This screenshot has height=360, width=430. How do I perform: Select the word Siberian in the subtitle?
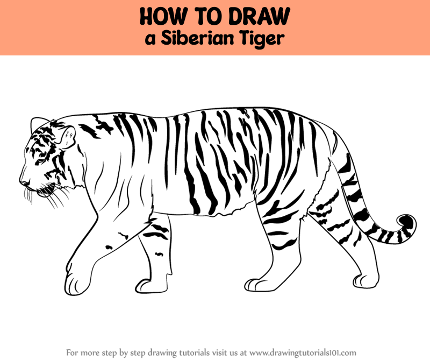[197, 38]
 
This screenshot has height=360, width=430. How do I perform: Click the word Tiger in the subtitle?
[261, 39]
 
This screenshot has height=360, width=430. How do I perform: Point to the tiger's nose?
[24, 181]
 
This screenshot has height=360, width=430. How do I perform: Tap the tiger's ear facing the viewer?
[67, 137]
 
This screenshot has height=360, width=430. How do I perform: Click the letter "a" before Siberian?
[150, 40]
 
